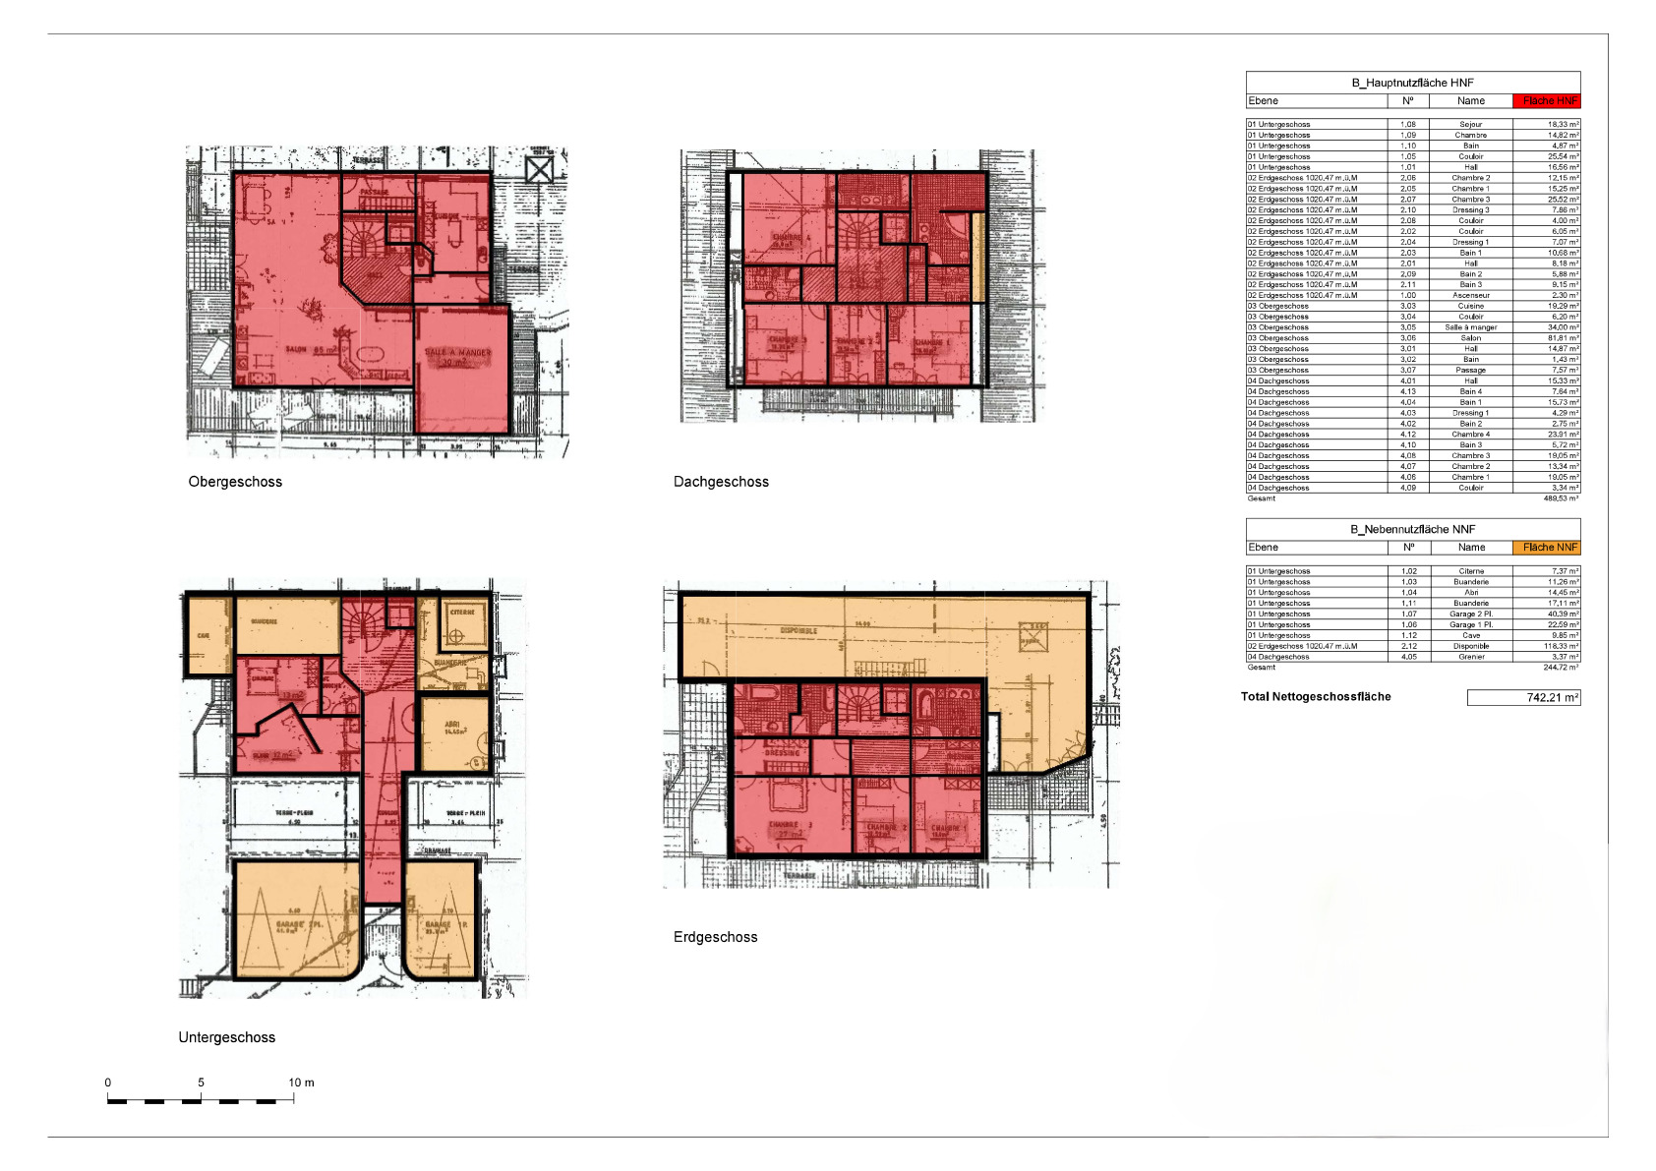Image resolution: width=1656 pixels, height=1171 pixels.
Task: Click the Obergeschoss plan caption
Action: (235, 482)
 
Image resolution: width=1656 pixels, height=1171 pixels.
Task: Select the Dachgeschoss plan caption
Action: (721, 482)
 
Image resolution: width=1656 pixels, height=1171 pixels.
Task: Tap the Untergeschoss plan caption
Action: (226, 1037)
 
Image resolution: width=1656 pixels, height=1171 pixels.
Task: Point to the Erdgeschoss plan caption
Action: (715, 937)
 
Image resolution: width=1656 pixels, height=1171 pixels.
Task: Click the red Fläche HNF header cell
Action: (1547, 101)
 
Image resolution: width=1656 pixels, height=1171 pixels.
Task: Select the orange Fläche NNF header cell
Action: (1547, 548)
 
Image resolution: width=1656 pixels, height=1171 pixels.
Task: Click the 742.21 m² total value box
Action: (1523, 698)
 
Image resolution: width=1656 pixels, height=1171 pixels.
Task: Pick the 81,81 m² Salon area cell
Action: (1547, 338)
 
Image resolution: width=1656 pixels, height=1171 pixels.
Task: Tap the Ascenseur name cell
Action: (1471, 295)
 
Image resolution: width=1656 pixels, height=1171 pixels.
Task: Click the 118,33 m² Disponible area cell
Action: (1547, 646)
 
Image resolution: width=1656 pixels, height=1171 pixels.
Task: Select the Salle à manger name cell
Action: (1471, 327)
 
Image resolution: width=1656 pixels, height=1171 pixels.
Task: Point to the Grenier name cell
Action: (1471, 657)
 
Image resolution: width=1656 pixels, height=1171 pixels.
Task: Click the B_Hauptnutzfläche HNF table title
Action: (1412, 83)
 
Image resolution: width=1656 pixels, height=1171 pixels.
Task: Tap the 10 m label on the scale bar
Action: (301, 1083)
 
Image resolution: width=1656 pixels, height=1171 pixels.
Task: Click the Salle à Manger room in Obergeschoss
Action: (461, 369)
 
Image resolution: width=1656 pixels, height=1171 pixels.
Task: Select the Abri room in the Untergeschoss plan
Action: (454, 732)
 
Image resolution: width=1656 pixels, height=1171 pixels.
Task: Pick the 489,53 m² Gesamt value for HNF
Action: (1561, 498)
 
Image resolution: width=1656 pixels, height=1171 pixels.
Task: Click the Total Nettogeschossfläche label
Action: (1316, 697)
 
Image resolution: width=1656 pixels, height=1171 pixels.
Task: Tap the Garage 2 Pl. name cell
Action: (1471, 614)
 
